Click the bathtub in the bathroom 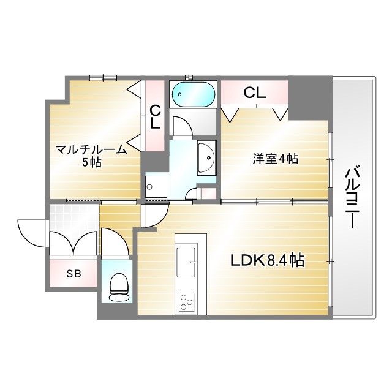(194, 95)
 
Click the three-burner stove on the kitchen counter (186, 301)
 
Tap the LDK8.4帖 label (267, 260)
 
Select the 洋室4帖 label (276, 159)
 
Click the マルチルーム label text (91, 149)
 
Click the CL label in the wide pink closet (254, 93)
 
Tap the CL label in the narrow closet (156, 116)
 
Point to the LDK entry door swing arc (154, 216)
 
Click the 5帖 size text (92, 162)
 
